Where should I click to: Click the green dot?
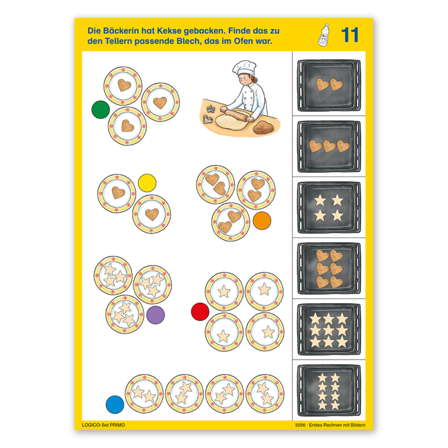click(x=101, y=109)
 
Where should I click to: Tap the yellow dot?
click(x=147, y=183)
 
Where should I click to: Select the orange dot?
click(x=262, y=221)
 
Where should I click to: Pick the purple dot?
click(x=156, y=315)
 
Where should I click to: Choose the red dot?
click(x=200, y=312)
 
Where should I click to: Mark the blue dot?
click(x=115, y=404)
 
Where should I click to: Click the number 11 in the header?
click(x=349, y=35)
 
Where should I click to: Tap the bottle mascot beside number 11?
click(x=324, y=35)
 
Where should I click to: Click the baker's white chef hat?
click(x=244, y=68)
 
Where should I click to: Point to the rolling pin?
click(x=237, y=114)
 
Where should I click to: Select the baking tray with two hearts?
click(x=329, y=86)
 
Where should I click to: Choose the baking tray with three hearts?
click(x=329, y=147)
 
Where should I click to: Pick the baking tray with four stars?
click(x=329, y=208)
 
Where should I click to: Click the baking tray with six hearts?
click(x=329, y=269)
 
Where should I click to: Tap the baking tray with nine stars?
click(x=329, y=330)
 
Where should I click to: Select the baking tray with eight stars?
click(x=329, y=390)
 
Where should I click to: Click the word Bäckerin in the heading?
click(x=120, y=31)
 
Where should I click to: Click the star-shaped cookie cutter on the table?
click(x=211, y=109)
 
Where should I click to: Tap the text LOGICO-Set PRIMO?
click(x=104, y=425)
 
